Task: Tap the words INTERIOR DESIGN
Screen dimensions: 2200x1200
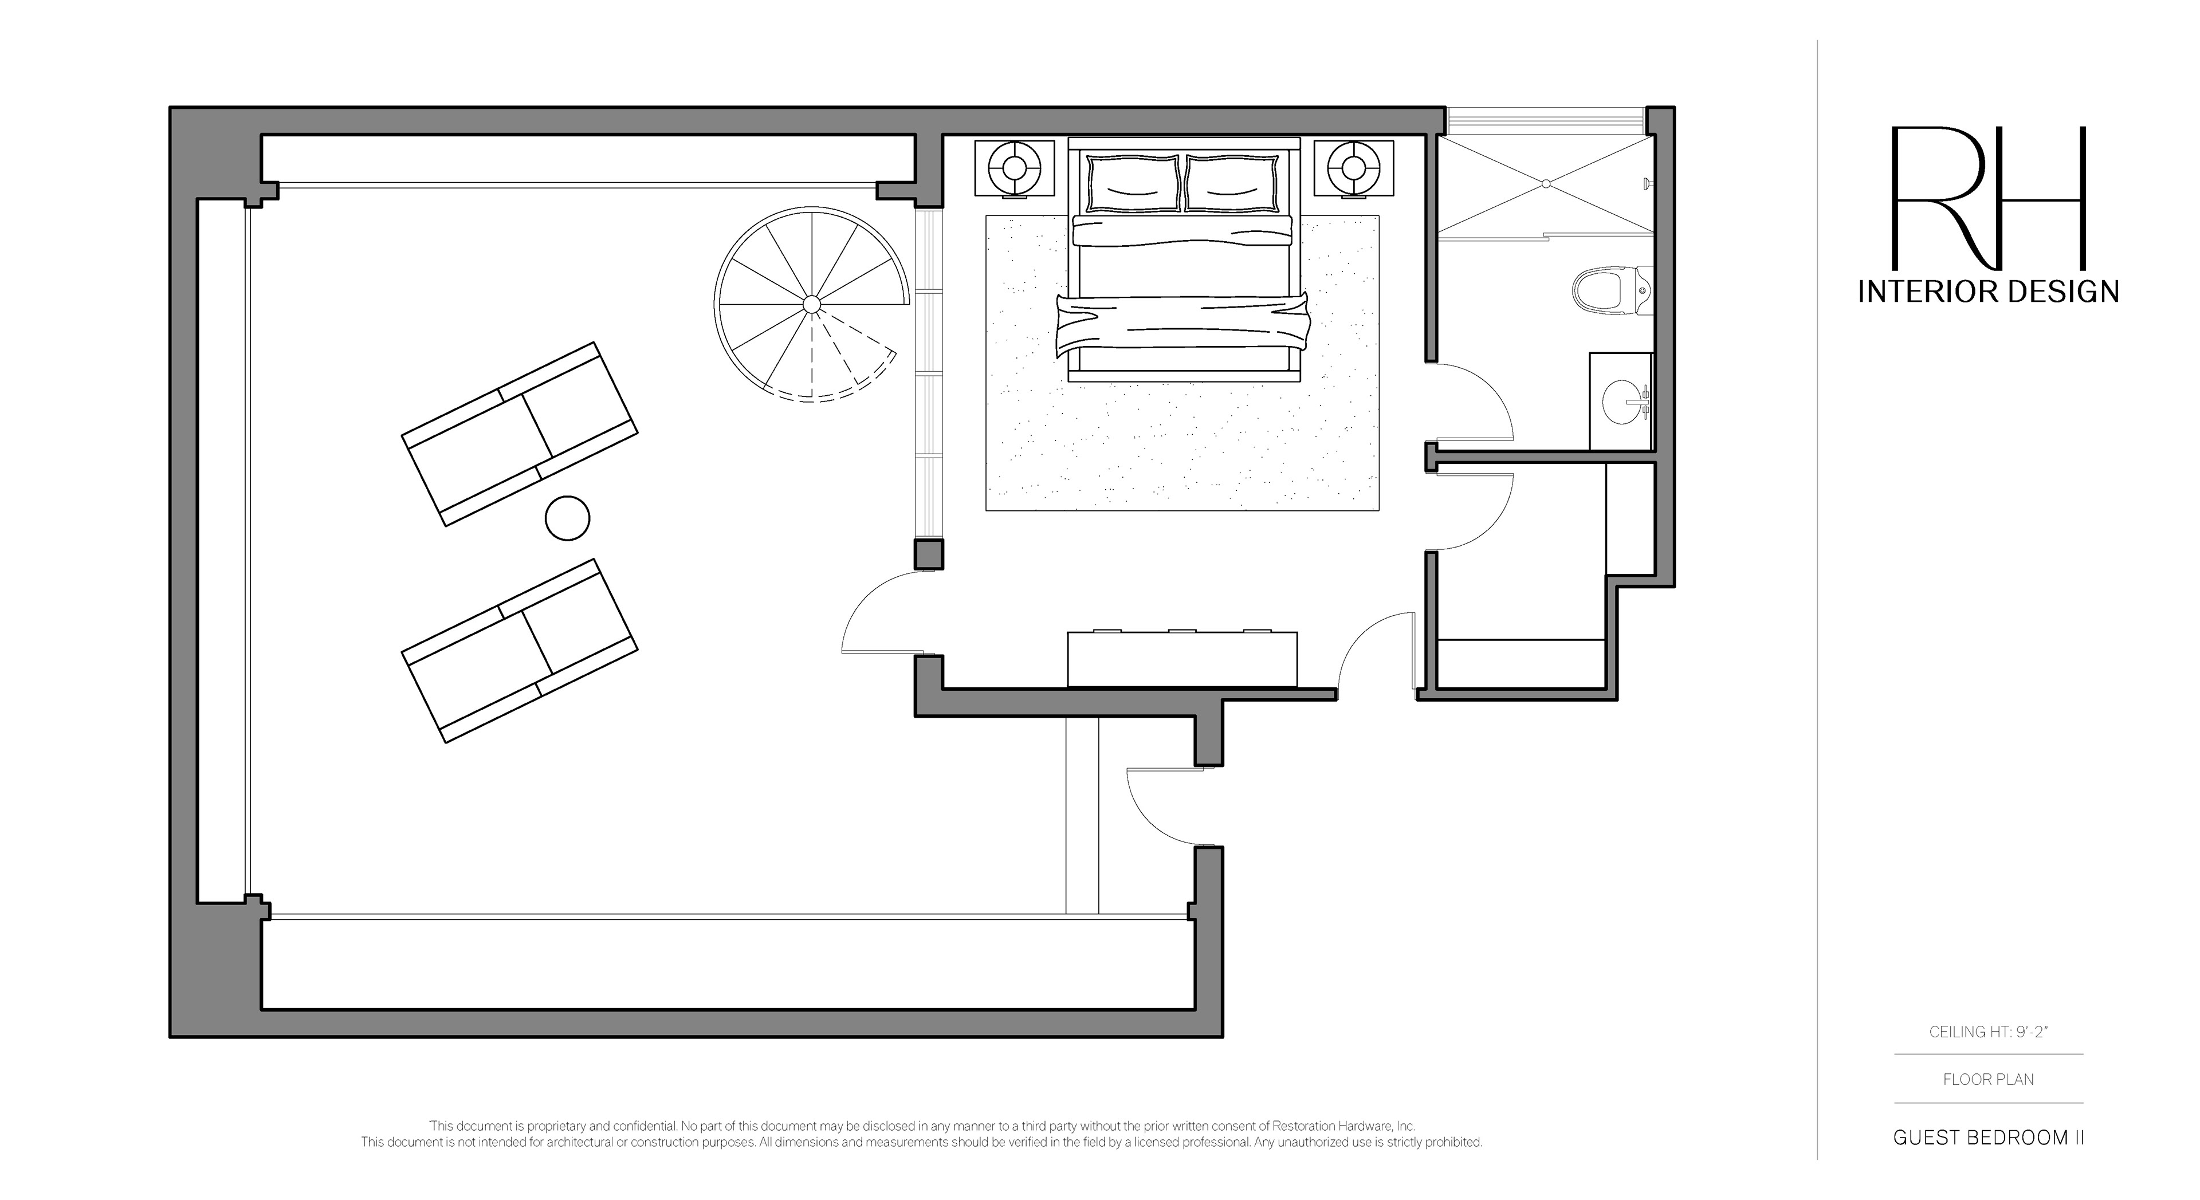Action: pyautogui.click(x=1988, y=292)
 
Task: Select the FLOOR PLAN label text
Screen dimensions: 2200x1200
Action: pyautogui.click(x=1988, y=1080)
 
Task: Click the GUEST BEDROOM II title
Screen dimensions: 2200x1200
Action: pyautogui.click(x=1988, y=1138)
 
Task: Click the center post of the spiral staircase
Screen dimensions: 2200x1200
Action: pyautogui.click(x=811, y=304)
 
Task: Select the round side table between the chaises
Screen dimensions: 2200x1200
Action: pyautogui.click(x=567, y=518)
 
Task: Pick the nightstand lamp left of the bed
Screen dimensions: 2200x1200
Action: pyautogui.click(x=1015, y=168)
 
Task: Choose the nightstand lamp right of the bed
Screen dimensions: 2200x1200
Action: pyautogui.click(x=1354, y=168)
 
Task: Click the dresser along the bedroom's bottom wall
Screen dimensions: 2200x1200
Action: pyautogui.click(x=1182, y=659)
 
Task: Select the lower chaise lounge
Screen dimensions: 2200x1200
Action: pyautogui.click(x=519, y=651)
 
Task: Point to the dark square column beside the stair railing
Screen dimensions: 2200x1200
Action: pyautogui.click(x=929, y=554)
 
